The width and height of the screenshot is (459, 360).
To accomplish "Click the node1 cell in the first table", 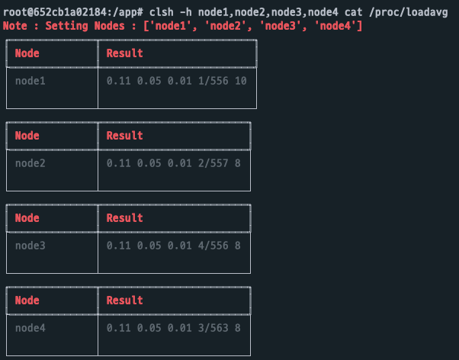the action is [x=30, y=80].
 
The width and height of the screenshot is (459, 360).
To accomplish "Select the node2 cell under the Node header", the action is [x=30, y=162].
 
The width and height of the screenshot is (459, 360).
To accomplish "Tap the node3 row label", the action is [x=30, y=245].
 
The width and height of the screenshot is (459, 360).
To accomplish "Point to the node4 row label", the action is [x=30, y=327].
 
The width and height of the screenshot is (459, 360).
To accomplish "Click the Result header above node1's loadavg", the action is [x=124, y=53].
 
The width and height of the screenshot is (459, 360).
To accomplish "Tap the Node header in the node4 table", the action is [x=27, y=301].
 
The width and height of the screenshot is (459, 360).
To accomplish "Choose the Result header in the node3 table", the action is [x=124, y=218].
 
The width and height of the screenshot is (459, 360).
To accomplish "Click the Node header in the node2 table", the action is [x=27, y=136].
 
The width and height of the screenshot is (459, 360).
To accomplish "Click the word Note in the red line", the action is [x=15, y=26].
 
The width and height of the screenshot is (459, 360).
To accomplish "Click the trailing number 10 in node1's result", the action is [x=241, y=80].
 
